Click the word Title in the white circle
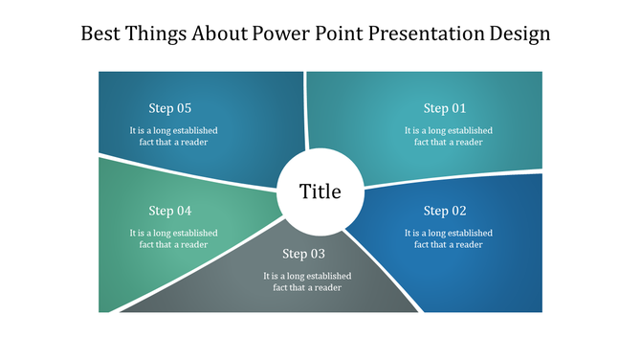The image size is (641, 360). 320,191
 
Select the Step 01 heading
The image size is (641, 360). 445,108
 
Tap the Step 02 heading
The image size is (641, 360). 445,211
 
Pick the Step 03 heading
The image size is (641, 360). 303,254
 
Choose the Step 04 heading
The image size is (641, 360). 170,211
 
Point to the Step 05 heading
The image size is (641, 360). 170,108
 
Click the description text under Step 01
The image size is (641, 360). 448,136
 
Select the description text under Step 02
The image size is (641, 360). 448,238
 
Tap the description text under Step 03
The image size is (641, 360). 307,281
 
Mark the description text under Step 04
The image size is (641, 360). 173,238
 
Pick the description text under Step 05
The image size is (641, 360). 173,136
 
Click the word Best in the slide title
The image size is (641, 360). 100,34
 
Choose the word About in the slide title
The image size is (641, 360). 219,34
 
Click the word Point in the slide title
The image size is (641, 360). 332,34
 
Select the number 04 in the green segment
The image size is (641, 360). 183,211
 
